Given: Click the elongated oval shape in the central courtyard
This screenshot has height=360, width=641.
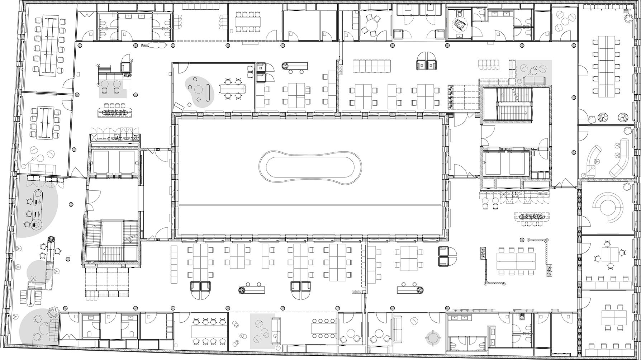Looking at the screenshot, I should pyautogui.click(x=310, y=167).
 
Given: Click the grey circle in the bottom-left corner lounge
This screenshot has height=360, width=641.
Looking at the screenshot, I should pyautogui.click(x=34, y=327).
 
